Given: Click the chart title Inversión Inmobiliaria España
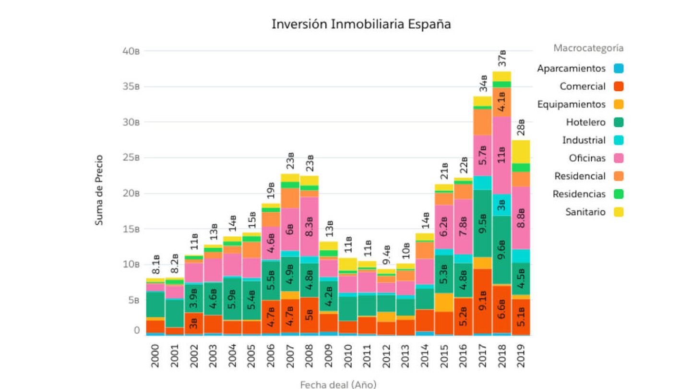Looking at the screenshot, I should [361, 24].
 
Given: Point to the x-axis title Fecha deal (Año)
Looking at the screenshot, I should [338, 384].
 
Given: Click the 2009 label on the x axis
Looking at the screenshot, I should [329, 356].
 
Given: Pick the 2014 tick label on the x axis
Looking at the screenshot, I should [425, 356].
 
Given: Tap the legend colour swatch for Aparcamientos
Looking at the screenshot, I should [619, 69].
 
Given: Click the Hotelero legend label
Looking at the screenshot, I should [585, 122].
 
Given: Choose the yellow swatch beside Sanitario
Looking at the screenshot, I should [619, 212].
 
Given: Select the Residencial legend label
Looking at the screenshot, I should [580, 176].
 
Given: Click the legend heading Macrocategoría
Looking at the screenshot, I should [588, 48].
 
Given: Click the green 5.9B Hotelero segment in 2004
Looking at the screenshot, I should [232, 299].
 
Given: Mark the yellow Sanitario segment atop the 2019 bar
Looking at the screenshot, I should [521, 152].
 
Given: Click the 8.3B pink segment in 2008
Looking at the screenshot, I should [310, 226].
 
